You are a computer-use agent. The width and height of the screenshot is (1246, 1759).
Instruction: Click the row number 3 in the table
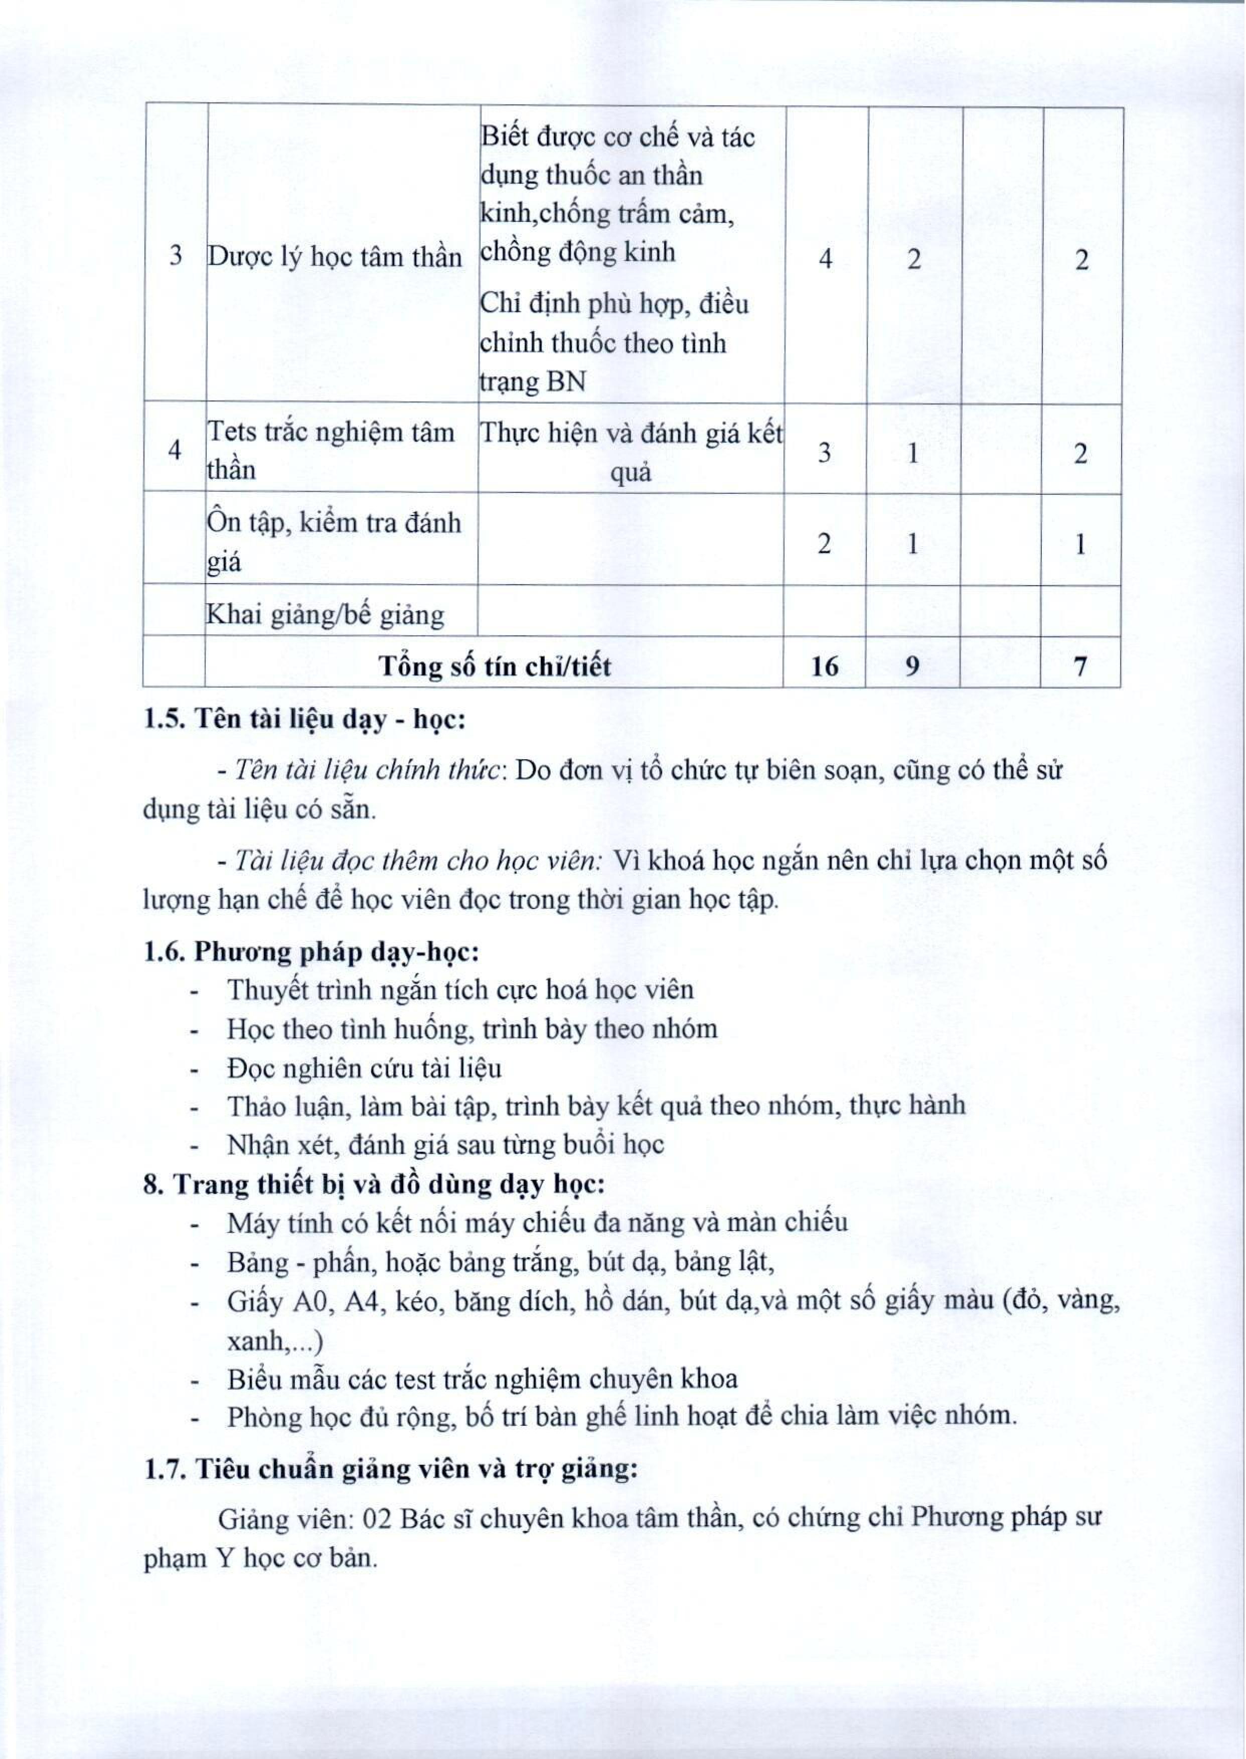[175, 255]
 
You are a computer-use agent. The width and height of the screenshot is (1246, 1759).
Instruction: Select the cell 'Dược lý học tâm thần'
[335, 257]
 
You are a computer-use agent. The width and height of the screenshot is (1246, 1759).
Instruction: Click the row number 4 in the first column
[175, 451]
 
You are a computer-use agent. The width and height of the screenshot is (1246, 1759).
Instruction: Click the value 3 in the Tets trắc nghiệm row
[824, 453]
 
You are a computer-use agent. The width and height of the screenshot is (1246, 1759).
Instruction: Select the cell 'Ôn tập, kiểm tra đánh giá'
[334, 542]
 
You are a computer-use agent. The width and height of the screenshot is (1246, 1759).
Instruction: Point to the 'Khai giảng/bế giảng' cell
[326, 615]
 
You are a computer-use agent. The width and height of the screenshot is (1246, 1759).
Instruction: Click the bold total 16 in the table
[825, 666]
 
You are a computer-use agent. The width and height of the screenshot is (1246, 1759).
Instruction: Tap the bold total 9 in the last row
[912, 666]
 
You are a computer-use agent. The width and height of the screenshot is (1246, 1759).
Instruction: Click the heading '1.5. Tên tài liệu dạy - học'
[304, 720]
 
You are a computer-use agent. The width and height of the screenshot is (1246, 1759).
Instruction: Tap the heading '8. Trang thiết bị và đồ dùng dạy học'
[374, 1184]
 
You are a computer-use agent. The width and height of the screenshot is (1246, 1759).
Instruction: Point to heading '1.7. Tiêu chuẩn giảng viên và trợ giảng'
[391, 1469]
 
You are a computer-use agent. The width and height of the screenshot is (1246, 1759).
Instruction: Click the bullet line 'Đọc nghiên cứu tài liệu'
[365, 1068]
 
